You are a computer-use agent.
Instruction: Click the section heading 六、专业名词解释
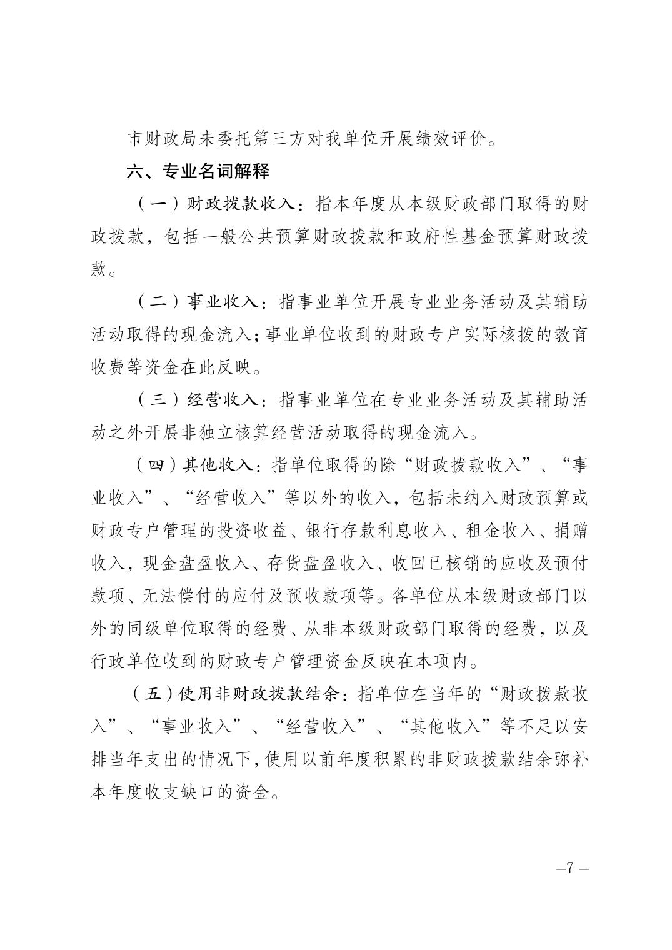point(198,171)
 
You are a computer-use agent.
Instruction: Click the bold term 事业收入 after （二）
point(222,302)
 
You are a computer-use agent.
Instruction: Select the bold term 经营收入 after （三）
point(222,399)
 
